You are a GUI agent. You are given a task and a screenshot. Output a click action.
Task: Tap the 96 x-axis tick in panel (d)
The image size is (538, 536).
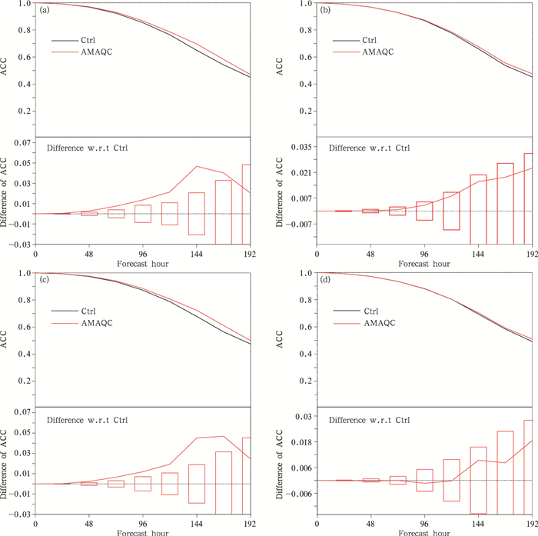click(424, 522)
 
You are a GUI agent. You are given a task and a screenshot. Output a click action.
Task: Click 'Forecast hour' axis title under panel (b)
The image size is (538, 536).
click(424, 262)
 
